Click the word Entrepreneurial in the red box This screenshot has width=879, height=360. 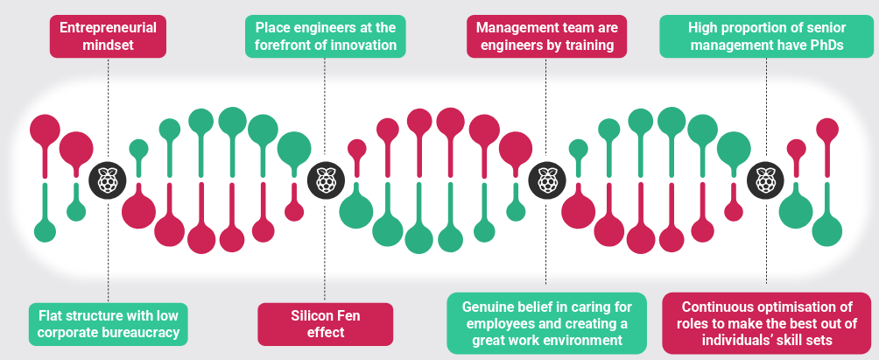pyautogui.click(x=108, y=28)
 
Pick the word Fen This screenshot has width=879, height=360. pyautogui.click(x=348, y=315)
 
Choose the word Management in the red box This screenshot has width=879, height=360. pyautogui.click(x=512, y=28)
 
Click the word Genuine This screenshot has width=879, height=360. pyautogui.click(x=486, y=307)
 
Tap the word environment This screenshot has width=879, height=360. pyautogui.click(x=582, y=340)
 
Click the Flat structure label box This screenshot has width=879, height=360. pyautogui.click(x=108, y=323)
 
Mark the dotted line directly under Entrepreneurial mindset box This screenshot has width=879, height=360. pyautogui.click(x=108, y=105)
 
